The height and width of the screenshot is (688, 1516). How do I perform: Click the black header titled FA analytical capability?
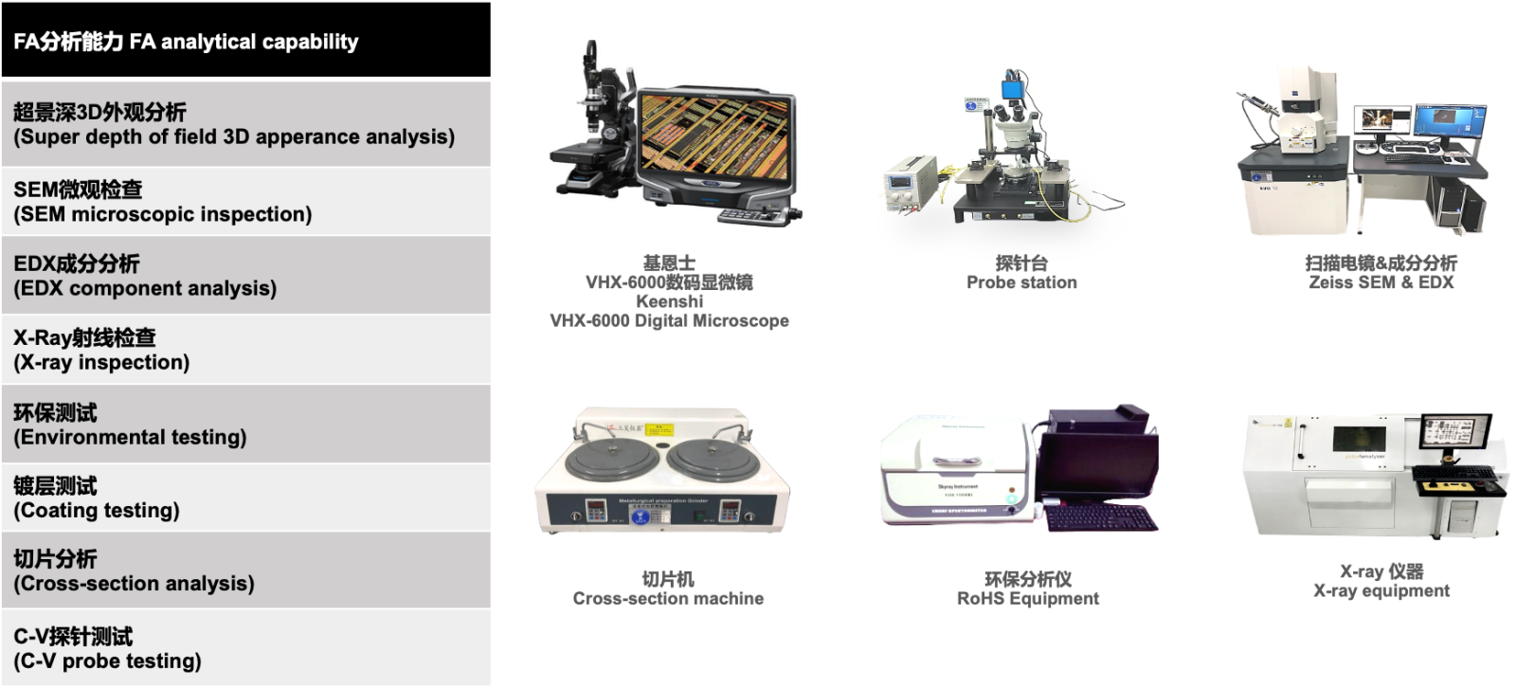click(x=245, y=39)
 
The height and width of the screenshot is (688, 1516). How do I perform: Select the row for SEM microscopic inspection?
click(x=245, y=201)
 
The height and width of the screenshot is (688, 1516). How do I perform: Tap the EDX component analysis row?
click(x=245, y=275)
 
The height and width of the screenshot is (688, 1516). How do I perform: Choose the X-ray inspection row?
click(x=245, y=350)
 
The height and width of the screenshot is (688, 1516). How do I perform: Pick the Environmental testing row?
click(x=245, y=424)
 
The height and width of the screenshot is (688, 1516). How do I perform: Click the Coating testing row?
click(x=245, y=497)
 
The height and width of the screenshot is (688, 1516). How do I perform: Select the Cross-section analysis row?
click(x=245, y=570)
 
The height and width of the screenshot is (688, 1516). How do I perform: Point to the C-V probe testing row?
click(x=245, y=647)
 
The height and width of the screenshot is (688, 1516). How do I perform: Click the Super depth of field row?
click(x=245, y=124)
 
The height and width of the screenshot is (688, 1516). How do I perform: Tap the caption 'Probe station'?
click(x=1021, y=282)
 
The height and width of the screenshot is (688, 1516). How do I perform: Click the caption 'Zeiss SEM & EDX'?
click(x=1381, y=282)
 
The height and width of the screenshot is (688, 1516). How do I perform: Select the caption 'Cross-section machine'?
click(x=668, y=599)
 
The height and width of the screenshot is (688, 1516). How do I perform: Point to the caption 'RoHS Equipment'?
click(x=1027, y=599)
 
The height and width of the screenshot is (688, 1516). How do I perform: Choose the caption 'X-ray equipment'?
click(x=1381, y=591)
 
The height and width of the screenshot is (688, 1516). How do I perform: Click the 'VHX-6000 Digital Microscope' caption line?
click(x=669, y=320)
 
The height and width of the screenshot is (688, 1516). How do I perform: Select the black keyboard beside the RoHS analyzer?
click(x=1101, y=517)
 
